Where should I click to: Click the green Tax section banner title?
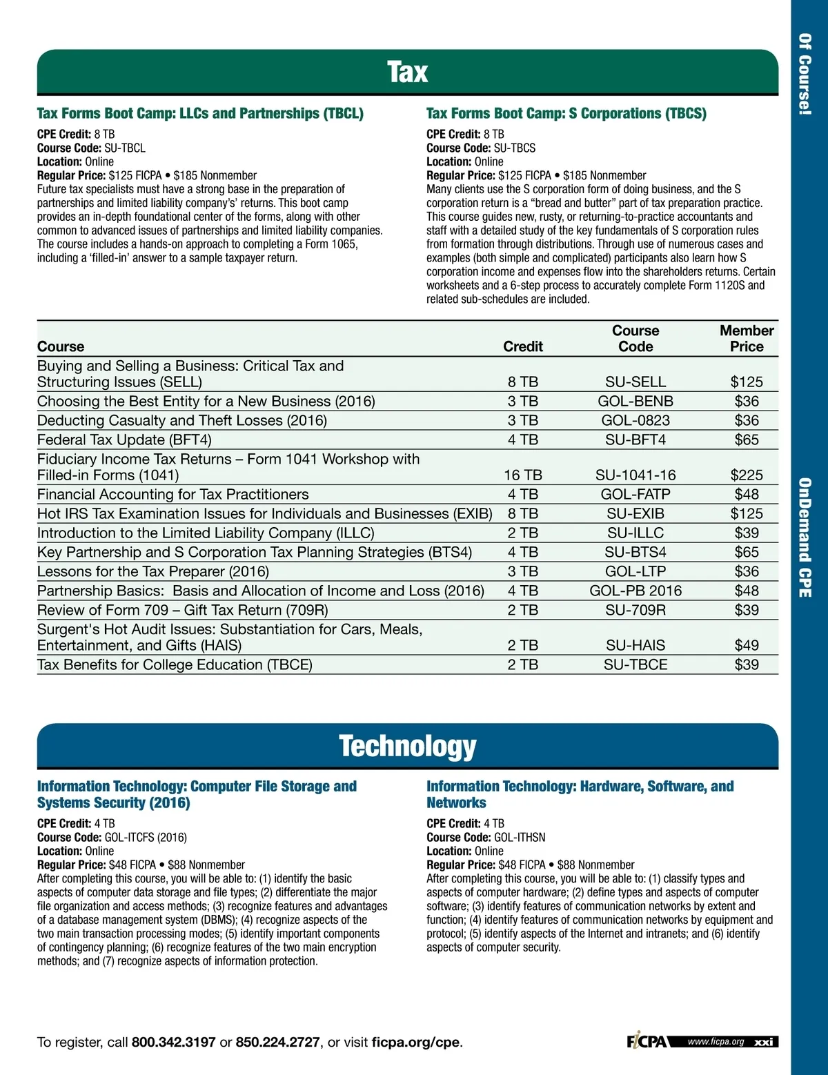tap(407, 72)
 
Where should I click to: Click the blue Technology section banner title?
tap(407, 746)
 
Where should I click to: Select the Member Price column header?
tap(747, 339)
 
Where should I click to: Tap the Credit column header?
tap(523, 346)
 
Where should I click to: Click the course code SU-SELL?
tap(635, 382)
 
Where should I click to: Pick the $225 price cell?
tap(747, 475)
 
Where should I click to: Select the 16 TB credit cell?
tap(523, 475)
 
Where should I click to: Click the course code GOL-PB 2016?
tap(635, 591)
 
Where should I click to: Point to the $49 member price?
tap(747, 645)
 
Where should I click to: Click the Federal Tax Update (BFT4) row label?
tap(124, 440)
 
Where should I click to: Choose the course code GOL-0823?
tap(635, 420)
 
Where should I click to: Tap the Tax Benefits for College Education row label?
tap(175, 664)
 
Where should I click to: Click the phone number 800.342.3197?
tap(173, 1042)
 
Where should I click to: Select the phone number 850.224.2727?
tap(277, 1042)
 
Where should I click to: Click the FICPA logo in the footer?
tap(647, 1041)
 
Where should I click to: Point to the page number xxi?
tap(763, 1042)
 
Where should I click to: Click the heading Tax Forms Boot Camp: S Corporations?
tap(566, 113)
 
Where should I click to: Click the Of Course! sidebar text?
tap(805, 74)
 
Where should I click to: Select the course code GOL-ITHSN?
tap(520, 837)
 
